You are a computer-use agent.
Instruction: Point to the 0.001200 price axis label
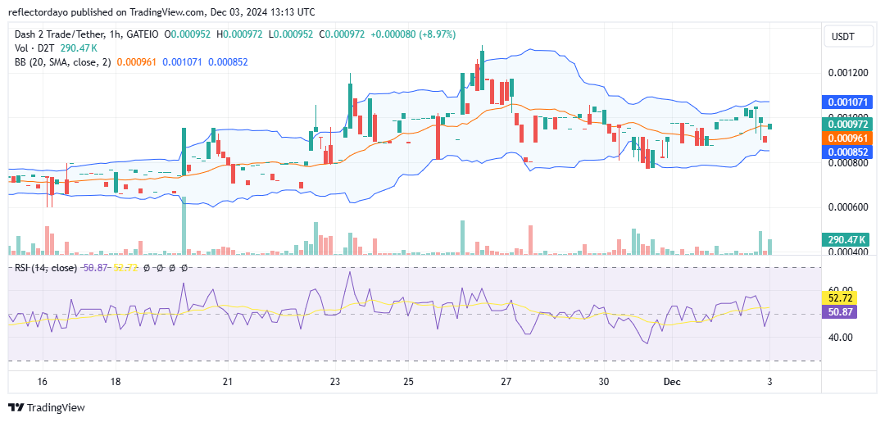(848, 72)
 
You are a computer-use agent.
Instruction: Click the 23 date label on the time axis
(335, 381)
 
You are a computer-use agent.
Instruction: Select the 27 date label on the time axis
(506, 381)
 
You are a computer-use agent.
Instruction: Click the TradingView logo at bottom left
(47, 407)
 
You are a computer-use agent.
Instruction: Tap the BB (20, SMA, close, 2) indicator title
(62, 61)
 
